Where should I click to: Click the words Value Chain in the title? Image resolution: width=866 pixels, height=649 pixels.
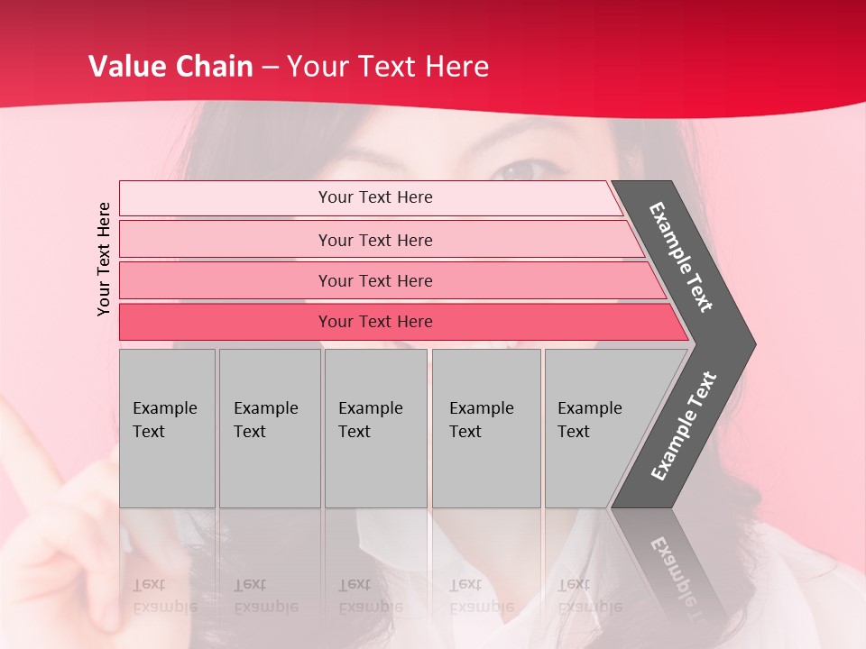170,67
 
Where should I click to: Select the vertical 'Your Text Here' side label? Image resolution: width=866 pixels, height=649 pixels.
105,259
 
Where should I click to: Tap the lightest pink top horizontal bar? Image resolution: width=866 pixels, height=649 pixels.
375,197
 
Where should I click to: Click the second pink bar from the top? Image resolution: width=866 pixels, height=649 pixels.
375,240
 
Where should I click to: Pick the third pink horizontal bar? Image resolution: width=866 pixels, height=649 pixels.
375,280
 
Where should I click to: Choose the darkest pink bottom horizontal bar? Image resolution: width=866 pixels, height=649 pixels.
375,322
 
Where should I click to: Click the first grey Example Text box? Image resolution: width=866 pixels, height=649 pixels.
167,428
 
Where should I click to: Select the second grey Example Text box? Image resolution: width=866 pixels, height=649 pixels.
269,428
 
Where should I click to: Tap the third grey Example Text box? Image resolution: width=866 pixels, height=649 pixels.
375,428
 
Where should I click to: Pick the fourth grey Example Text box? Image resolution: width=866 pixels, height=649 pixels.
485,428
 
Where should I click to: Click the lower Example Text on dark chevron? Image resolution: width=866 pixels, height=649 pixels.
684,425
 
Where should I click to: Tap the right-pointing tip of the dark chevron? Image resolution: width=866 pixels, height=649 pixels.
748,344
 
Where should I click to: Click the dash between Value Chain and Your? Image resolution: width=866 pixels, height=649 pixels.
270,68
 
